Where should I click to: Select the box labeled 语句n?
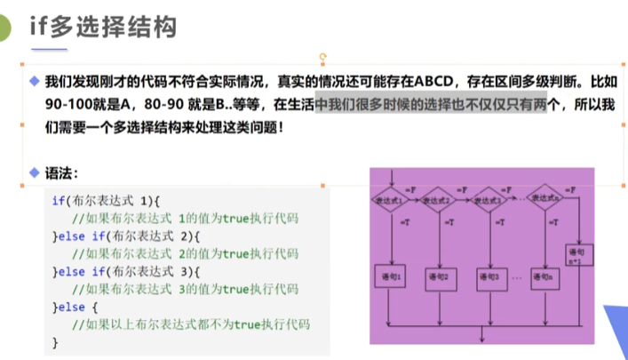tap(544, 277)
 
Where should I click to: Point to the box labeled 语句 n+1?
tap(576, 255)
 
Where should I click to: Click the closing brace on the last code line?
tap(55, 341)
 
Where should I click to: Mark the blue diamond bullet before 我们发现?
tap(35, 81)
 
